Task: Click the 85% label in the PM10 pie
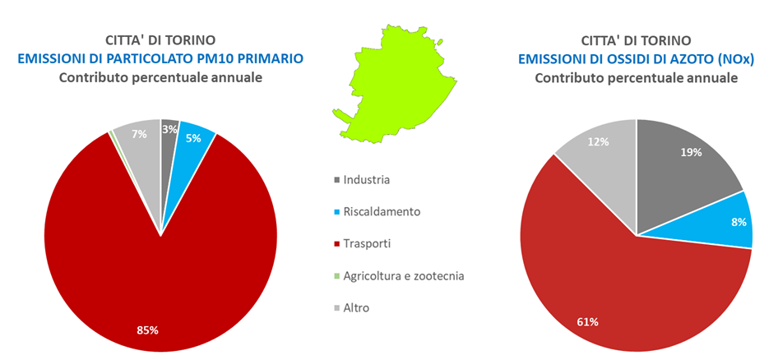coord(147,330)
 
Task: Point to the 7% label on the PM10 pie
coord(141,134)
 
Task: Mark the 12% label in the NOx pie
coord(598,141)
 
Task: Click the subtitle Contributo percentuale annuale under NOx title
coord(636,77)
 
